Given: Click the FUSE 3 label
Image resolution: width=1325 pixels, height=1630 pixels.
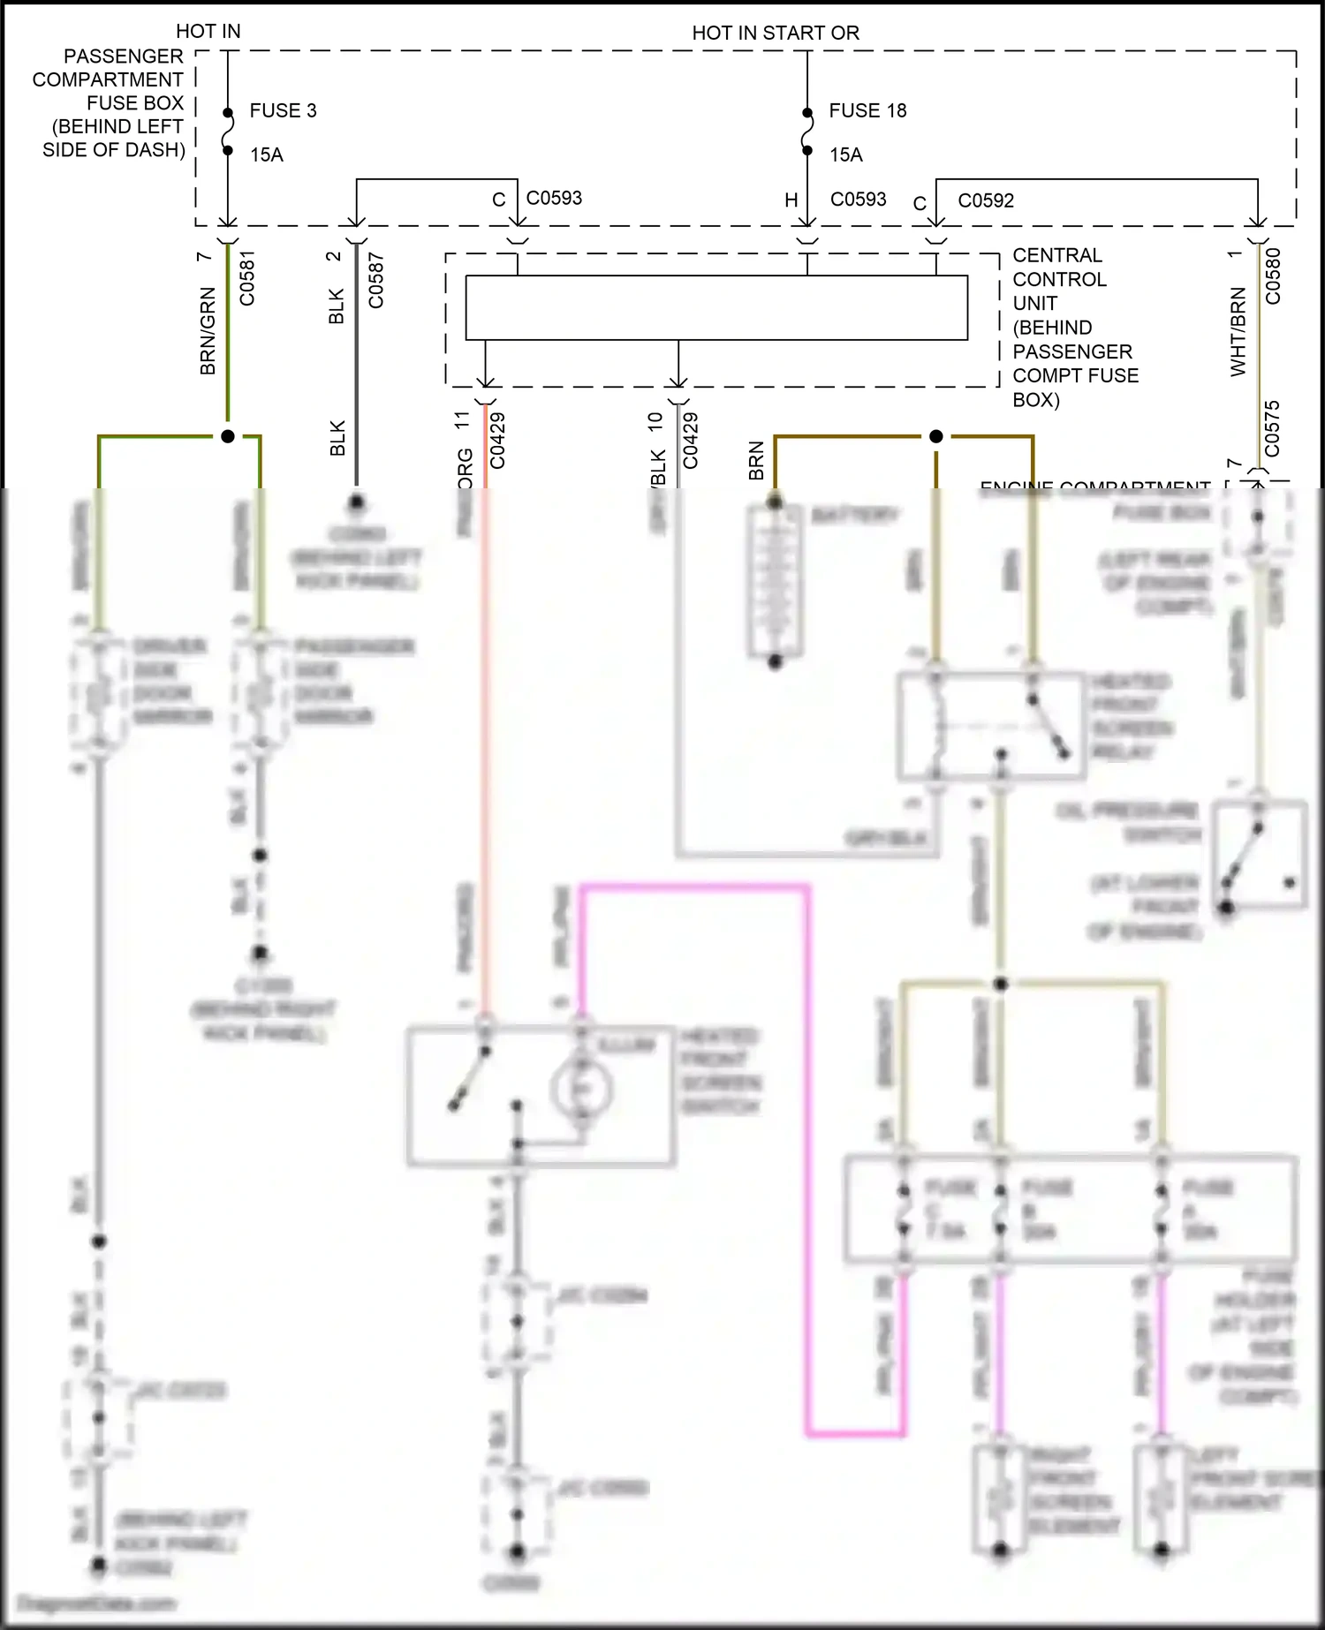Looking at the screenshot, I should pyautogui.click(x=283, y=111).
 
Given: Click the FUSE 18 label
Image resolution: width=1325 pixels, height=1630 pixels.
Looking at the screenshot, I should pyautogui.click(x=867, y=111).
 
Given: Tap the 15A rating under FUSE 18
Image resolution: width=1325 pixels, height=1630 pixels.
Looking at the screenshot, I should pyautogui.click(x=845, y=155).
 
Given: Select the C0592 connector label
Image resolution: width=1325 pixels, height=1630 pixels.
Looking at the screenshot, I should pyautogui.click(x=986, y=201).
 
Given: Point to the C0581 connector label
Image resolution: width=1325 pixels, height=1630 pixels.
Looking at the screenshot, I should pyautogui.click(x=247, y=279).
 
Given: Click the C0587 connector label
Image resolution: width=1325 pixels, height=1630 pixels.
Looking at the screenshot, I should pyautogui.click(x=376, y=281).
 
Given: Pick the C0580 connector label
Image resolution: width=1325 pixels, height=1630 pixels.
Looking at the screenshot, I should pyautogui.click(x=1273, y=276).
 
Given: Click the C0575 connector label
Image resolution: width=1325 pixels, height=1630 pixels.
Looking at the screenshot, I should pyautogui.click(x=1272, y=429).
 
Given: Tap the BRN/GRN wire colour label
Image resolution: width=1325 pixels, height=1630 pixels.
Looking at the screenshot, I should pyautogui.click(x=208, y=330).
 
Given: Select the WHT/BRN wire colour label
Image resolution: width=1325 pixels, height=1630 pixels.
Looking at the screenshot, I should pyautogui.click(x=1238, y=332).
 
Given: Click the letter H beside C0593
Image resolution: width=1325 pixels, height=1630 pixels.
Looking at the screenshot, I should pyautogui.click(x=791, y=201).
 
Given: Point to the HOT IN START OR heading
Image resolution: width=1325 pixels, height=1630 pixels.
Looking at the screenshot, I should pyautogui.click(x=775, y=34).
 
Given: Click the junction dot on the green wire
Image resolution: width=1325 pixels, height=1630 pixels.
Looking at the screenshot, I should pyautogui.click(x=228, y=436).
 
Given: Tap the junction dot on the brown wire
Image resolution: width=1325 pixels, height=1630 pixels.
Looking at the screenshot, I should pyautogui.click(x=936, y=436).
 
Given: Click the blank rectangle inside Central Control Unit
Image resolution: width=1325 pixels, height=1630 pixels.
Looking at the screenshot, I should pyautogui.click(x=715, y=307).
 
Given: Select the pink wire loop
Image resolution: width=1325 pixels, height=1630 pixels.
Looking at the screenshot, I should pyautogui.click(x=806, y=1148).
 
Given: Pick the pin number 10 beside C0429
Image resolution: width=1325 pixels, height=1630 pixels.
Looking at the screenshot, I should pyautogui.click(x=655, y=421).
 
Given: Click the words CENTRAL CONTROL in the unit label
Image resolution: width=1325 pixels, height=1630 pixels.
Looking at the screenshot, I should pyautogui.click(x=1059, y=268).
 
